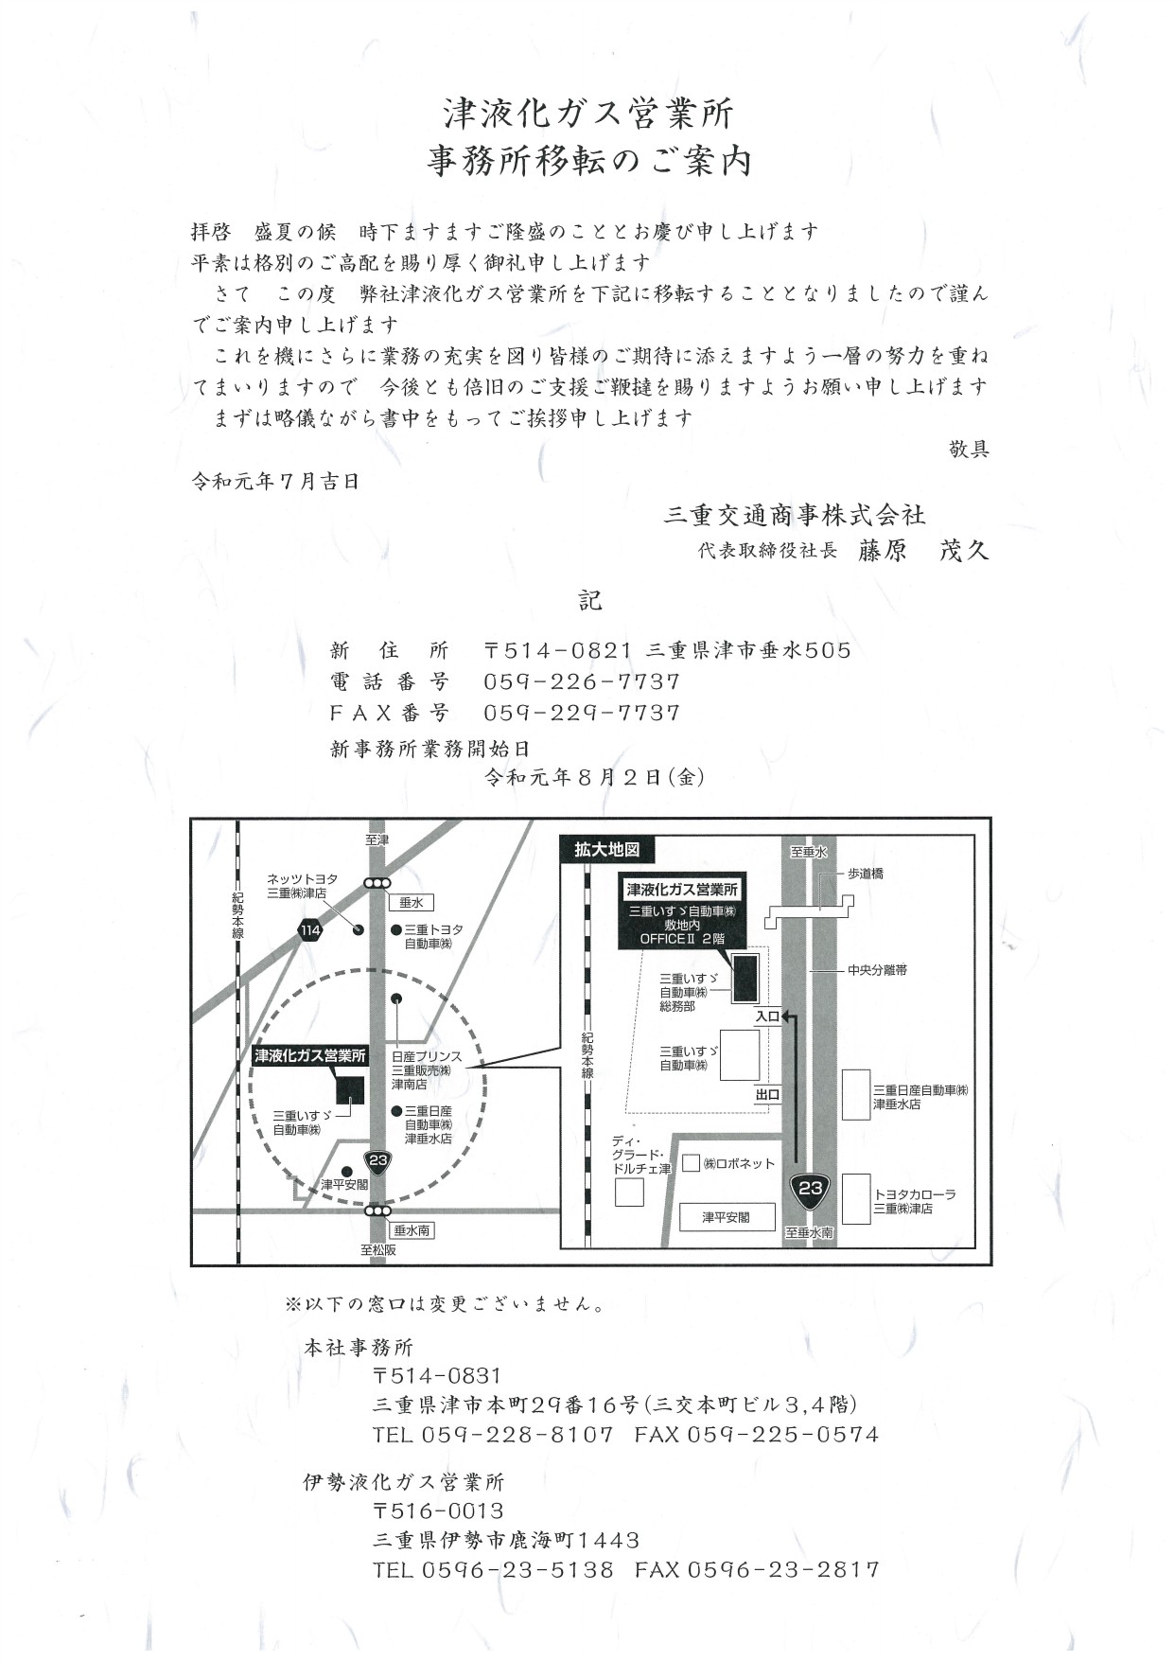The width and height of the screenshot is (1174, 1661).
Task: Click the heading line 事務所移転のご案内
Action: [x=588, y=161]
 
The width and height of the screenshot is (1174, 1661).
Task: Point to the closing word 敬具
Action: [x=969, y=450]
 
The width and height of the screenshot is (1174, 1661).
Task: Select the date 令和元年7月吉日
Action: [x=275, y=482]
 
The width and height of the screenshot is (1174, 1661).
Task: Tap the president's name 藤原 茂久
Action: [x=923, y=551]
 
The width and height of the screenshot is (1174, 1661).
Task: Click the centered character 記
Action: [x=590, y=600]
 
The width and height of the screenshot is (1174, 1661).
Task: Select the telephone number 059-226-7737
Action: [x=582, y=681]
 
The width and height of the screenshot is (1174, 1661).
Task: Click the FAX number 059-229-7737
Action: [x=582, y=713]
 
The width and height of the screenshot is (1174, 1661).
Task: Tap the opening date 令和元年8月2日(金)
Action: [x=594, y=778]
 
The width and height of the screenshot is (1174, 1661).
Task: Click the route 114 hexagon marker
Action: [x=309, y=930]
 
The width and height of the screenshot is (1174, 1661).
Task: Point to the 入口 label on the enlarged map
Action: [x=767, y=1016]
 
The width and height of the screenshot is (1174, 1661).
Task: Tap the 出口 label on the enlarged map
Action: [x=767, y=1095]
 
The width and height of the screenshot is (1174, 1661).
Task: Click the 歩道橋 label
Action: [x=866, y=875]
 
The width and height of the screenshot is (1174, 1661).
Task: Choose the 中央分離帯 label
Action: [x=877, y=970]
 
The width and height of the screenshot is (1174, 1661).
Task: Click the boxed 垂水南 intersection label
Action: [x=412, y=1230]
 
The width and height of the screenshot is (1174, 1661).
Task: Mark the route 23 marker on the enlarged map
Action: [x=811, y=1191]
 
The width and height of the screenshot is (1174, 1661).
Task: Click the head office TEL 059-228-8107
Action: [x=493, y=1435]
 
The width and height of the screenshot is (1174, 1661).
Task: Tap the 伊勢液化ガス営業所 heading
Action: [x=404, y=1482]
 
